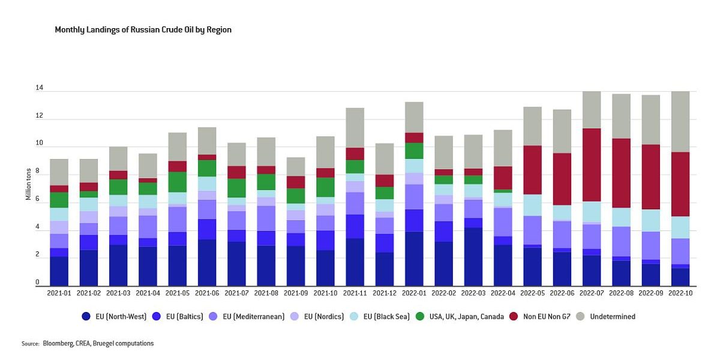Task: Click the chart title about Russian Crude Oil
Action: click(x=143, y=29)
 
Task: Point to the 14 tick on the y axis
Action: click(x=39, y=88)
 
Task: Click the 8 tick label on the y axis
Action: click(x=37, y=172)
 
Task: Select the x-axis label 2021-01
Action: click(x=59, y=293)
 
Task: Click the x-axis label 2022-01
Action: click(x=413, y=293)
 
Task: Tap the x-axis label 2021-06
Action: click(x=207, y=293)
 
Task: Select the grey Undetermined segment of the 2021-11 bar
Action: click(x=355, y=128)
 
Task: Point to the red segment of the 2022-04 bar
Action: click(x=502, y=178)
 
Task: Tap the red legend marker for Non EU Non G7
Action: click(x=514, y=316)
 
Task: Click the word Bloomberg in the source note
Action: click(x=58, y=344)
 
